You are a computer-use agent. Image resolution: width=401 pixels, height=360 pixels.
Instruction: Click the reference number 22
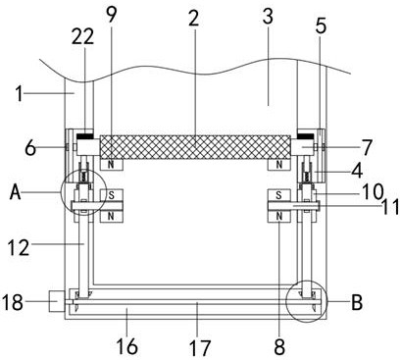pyautogui.click(x=82, y=36)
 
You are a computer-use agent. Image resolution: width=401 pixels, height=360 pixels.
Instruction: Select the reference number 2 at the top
pyautogui.click(x=193, y=19)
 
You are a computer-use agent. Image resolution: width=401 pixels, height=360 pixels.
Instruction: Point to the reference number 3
pyautogui.click(x=268, y=17)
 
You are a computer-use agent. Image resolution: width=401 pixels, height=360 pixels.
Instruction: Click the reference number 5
pyautogui.click(x=321, y=26)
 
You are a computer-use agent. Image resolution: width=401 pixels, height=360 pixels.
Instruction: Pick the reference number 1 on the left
pyautogui.click(x=20, y=94)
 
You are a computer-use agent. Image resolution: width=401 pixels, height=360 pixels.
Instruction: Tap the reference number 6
pyautogui.click(x=30, y=148)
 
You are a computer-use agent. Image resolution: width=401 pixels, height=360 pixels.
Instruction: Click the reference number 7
pyautogui.click(x=367, y=147)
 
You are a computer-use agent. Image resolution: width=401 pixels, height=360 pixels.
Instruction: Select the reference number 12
pyautogui.click(x=19, y=247)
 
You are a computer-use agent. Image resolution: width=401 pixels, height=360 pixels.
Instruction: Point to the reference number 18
pyautogui.click(x=13, y=302)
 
